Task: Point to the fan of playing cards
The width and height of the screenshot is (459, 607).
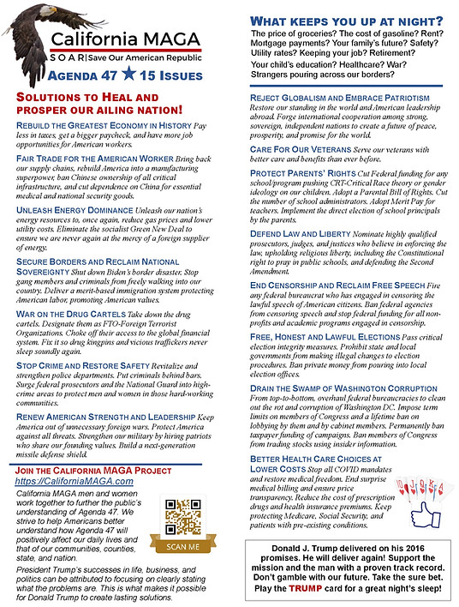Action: (x=380, y=507)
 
